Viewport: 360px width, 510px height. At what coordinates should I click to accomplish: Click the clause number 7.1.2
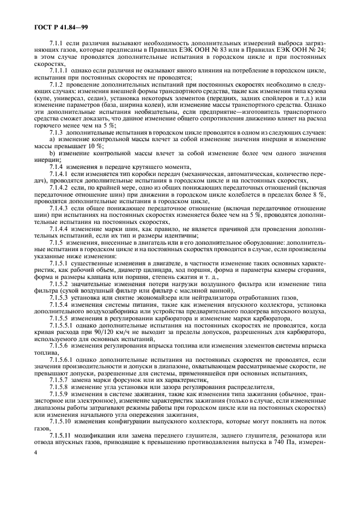pos(57,85)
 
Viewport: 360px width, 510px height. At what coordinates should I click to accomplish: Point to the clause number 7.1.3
pos(57,131)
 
